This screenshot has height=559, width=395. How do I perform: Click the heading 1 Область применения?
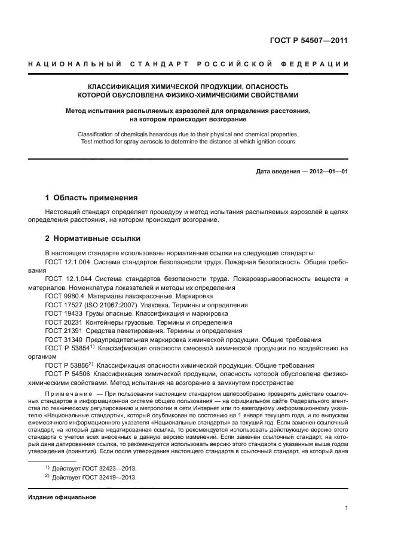point(91,197)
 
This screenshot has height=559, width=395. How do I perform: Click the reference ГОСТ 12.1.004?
point(67,261)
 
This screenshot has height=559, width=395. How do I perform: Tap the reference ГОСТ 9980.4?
point(64,296)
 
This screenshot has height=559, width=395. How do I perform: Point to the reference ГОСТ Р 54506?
point(68,374)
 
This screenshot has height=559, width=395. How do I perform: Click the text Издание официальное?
point(63,497)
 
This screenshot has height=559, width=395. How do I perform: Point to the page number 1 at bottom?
point(347,508)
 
